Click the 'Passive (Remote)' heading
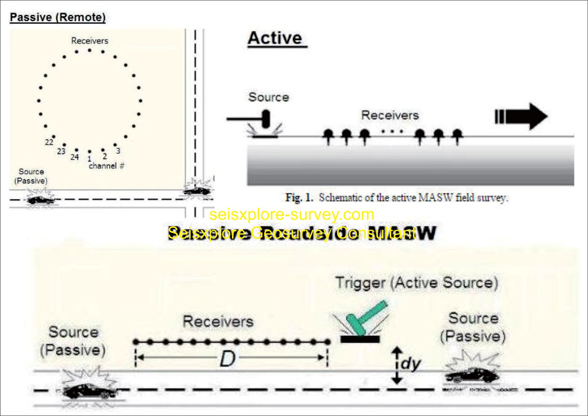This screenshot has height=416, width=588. tap(58, 17)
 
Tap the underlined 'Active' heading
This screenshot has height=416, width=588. tap(275, 38)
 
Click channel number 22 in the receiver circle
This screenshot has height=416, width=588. tap(49, 142)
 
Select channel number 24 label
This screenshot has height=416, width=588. tap(75, 157)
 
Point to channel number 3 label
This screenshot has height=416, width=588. tap(118, 151)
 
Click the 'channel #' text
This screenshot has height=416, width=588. tap(107, 166)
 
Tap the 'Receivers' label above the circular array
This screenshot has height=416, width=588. tap(90, 41)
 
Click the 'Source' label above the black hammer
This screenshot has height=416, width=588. tap(269, 97)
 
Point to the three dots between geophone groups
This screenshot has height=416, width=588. tap(392, 131)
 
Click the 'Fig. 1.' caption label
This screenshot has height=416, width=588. tap(299, 198)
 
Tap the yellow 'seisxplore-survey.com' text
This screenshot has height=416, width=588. tap(292, 214)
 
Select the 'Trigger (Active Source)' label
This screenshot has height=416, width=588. tap(417, 283)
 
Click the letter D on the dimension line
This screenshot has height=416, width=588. tap(227, 359)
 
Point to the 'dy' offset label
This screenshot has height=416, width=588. tap(410, 363)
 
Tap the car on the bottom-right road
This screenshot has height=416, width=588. tap(472, 375)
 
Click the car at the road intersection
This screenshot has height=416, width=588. tap(197, 190)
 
